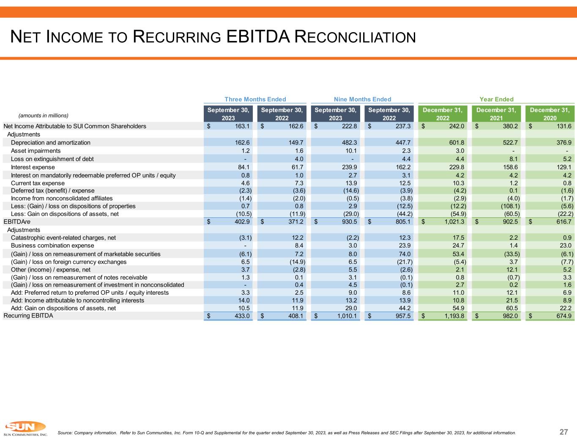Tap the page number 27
coord(563,432)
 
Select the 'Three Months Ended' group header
coord(255,99)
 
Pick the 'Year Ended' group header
coord(496,99)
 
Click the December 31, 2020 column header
coord(550,114)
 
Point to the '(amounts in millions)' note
coord(43,115)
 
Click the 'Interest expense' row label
coord(33,167)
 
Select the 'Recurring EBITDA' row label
coord(28,315)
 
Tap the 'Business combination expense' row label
coord(52,246)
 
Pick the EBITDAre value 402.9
coord(241,222)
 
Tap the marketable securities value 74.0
coord(405,254)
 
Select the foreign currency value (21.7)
coord(403,262)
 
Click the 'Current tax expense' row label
coord(38,183)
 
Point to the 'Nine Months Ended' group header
coord(362,99)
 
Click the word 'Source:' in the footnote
coord(65,433)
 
